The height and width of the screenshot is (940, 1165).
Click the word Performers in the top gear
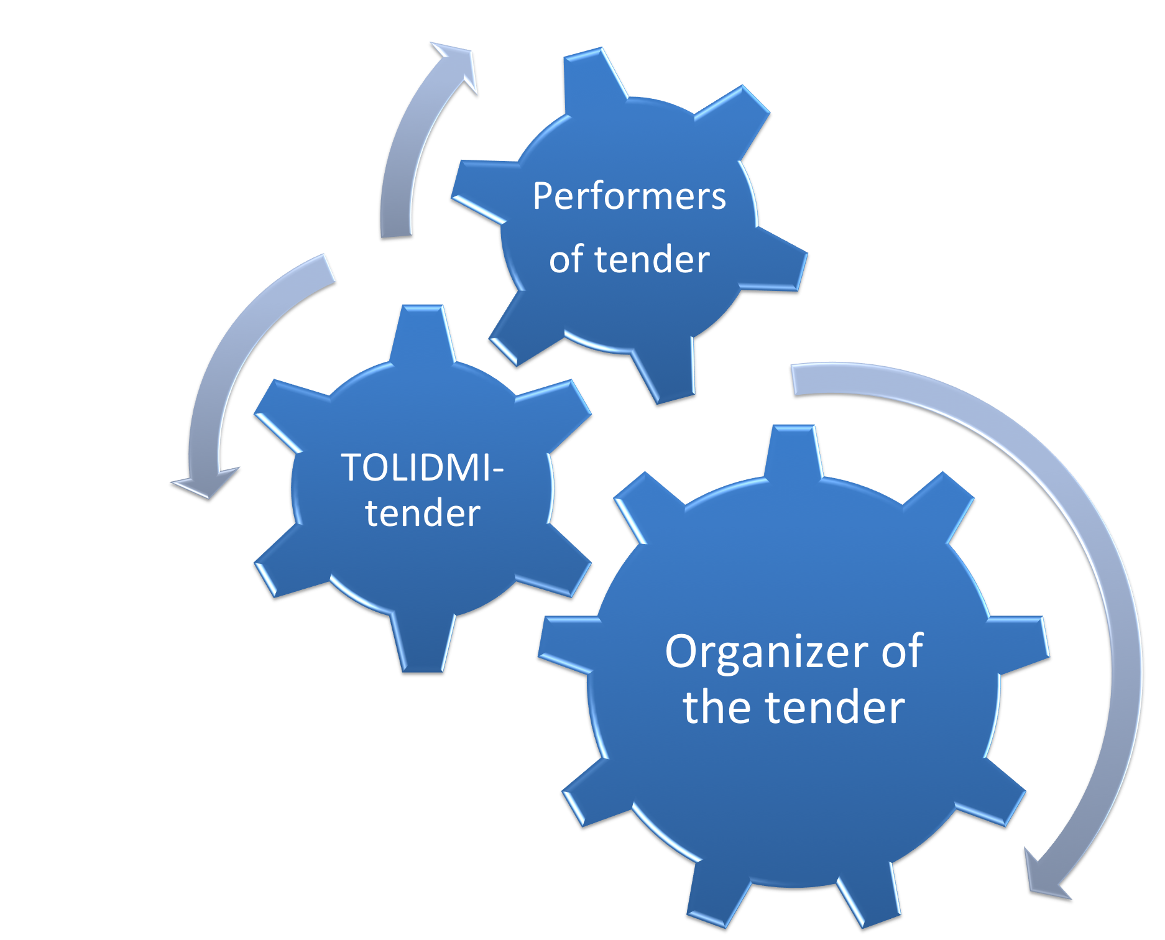[629, 196]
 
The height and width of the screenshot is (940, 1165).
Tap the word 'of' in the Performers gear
[566, 260]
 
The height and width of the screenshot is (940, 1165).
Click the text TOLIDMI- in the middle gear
[421, 468]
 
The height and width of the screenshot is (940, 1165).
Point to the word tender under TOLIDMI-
[423, 514]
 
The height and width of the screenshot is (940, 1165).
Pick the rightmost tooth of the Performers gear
[777, 261]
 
